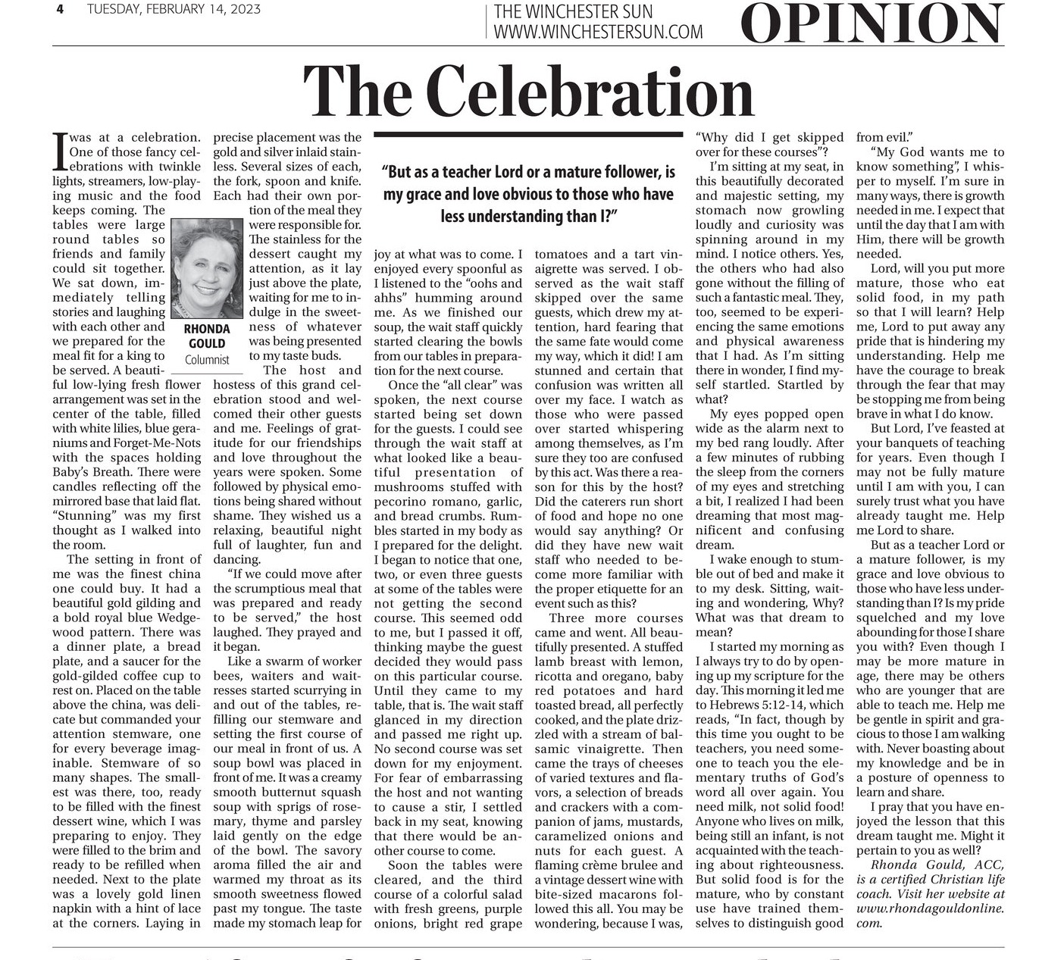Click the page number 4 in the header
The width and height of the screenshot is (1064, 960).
click(x=59, y=10)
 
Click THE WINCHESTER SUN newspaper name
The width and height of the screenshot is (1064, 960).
click(x=573, y=12)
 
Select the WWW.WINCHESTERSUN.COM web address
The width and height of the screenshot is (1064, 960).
click(x=597, y=32)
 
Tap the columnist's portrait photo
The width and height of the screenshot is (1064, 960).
click(x=207, y=269)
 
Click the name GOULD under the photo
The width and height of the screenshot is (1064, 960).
click(x=207, y=344)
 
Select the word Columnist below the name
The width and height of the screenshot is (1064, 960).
click(x=207, y=360)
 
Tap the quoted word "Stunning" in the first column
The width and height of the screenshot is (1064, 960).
click(x=83, y=516)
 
